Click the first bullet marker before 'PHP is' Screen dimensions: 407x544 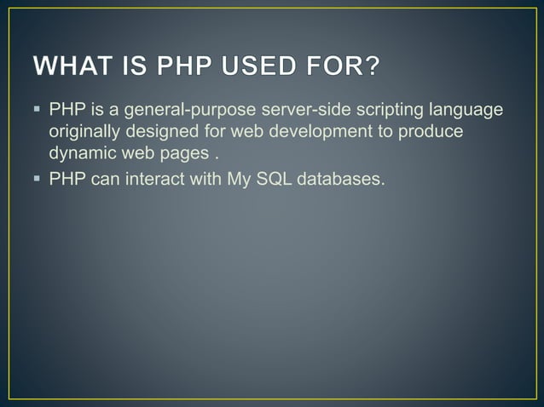pyautogui.click(x=40, y=110)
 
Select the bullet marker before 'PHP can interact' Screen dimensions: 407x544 pyautogui.click(x=40, y=178)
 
